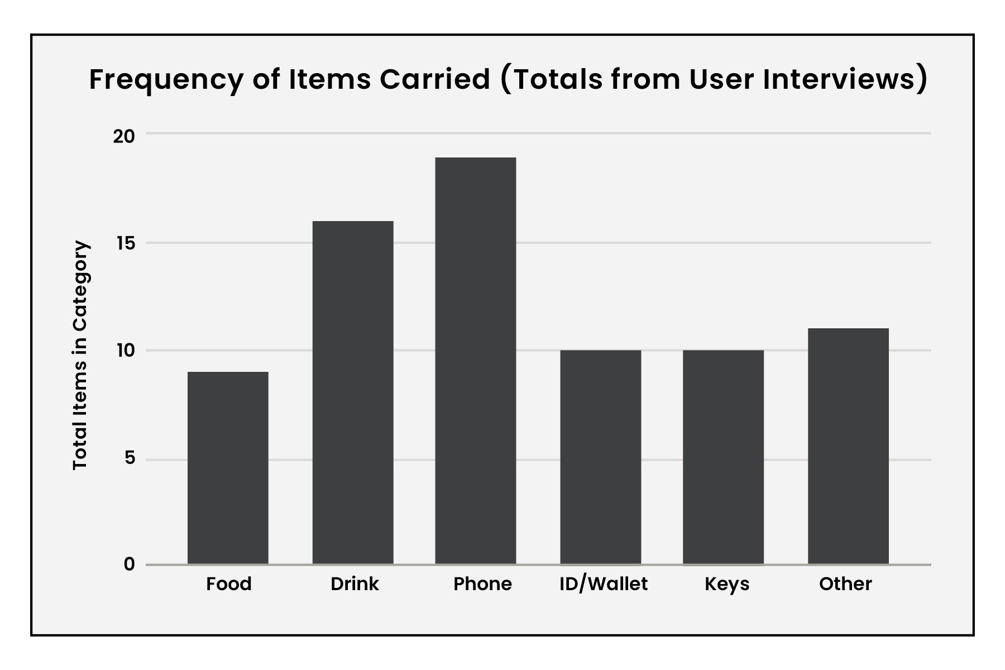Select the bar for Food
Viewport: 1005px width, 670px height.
point(228,468)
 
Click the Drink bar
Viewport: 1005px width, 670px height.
point(353,393)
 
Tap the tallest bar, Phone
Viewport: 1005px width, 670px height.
point(476,361)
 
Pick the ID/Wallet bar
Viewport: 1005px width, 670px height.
point(601,457)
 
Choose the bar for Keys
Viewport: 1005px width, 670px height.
point(724,457)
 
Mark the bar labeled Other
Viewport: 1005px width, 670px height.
point(849,446)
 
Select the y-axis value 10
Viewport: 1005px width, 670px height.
point(125,351)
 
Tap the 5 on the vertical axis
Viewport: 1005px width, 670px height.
point(130,458)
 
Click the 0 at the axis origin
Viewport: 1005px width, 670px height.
point(130,564)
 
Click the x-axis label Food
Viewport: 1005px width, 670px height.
point(229,584)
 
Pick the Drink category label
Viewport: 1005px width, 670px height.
point(355,584)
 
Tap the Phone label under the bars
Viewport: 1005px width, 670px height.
point(482,584)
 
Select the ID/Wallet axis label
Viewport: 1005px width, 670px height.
point(604,584)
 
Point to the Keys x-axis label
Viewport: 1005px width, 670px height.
point(727,585)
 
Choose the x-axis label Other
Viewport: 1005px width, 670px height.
point(845,584)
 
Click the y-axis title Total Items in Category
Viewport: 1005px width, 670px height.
point(80,355)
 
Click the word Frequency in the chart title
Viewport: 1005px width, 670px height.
point(166,80)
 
